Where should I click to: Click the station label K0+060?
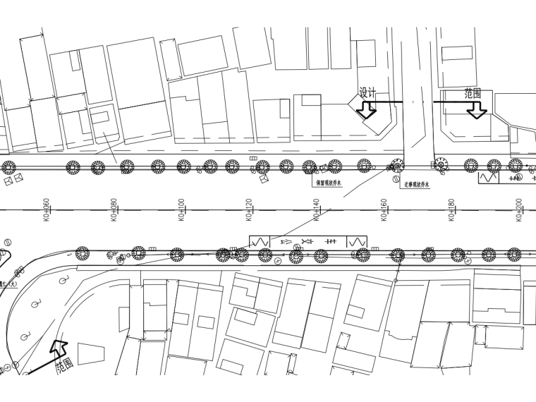coord(46,210)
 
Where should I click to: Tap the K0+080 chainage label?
coord(114,210)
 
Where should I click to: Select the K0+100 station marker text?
coord(181,210)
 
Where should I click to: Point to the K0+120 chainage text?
coord(248,210)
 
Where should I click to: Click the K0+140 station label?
coord(316,210)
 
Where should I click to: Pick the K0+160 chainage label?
coord(384,210)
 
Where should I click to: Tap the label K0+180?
coord(451,210)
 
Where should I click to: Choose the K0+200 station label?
coord(518,210)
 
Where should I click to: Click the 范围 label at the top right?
coord(472,94)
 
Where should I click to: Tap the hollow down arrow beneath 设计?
coord(367,110)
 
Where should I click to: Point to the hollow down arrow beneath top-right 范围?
coord(477,110)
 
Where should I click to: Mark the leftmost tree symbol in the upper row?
coord(8,167)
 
